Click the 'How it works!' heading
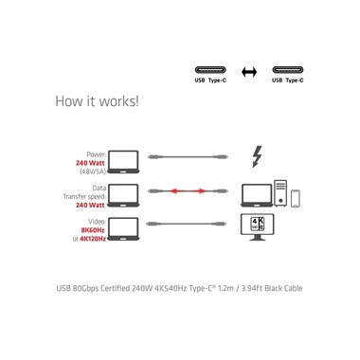97,101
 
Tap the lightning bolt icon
257,156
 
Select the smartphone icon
295,198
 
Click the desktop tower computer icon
280,193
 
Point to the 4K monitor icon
258,227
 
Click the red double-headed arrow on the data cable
188,191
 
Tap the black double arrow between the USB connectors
249,72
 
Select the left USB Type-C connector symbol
210,70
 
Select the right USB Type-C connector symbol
288,70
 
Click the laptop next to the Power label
123,162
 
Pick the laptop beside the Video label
123,229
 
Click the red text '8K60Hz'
93,230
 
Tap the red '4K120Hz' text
93,239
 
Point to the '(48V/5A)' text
93,171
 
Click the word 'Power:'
97,154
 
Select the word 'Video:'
97,222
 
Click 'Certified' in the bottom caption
116,288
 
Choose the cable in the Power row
188,157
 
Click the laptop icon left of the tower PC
257,195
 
